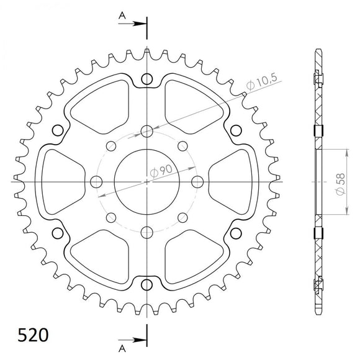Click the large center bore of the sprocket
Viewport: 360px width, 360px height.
pyautogui.click(x=147, y=181)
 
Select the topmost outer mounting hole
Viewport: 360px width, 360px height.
pyautogui.click(x=147, y=79)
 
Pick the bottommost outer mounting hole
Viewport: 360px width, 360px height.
pyautogui.click(x=147, y=282)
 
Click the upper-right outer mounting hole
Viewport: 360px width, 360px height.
pyautogui.click(x=235, y=130)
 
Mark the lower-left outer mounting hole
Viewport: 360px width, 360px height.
pyautogui.click(x=59, y=232)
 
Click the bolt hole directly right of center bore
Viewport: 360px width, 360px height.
pyautogui.click(x=198, y=181)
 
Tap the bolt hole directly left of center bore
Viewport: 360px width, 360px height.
pyautogui.click(x=96, y=181)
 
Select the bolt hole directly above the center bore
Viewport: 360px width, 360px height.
pyautogui.click(x=147, y=130)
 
